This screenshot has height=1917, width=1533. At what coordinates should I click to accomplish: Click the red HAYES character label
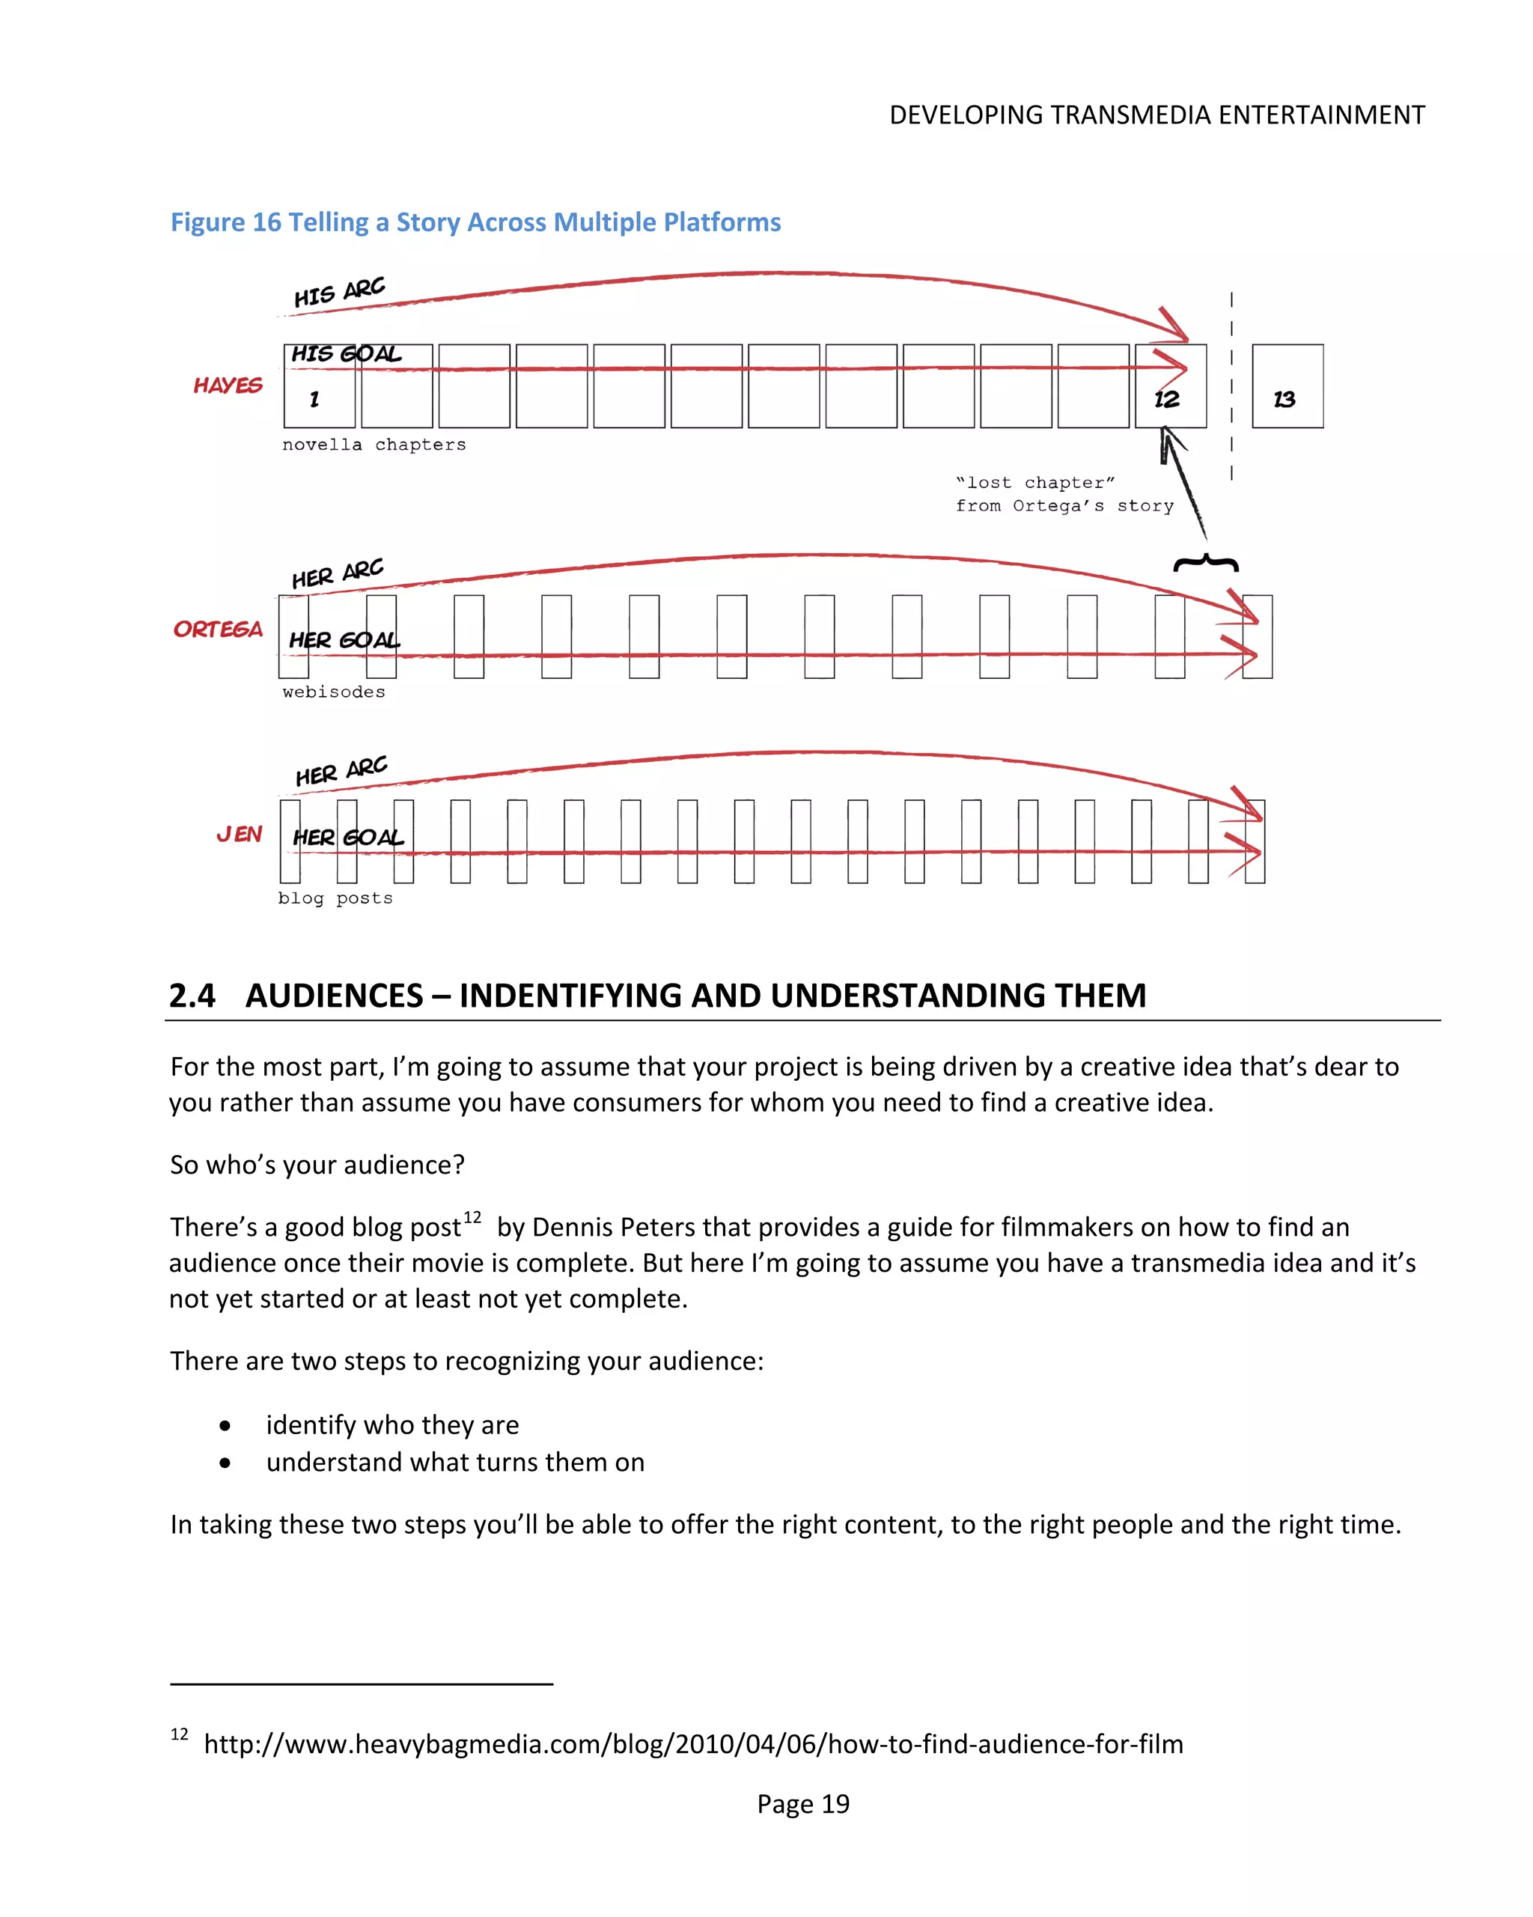click(x=228, y=385)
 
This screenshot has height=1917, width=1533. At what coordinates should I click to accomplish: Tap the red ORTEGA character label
click(x=218, y=630)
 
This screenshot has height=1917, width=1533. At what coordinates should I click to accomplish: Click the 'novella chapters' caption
click(x=374, y=445)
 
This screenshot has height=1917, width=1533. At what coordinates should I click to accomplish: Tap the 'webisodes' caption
click(x=333, y=692)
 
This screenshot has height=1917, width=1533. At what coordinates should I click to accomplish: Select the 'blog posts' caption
click(x=335, y=898)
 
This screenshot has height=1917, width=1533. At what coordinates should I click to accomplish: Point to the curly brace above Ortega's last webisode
click(x=1206, y=563)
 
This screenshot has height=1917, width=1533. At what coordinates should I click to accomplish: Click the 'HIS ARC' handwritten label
click(x=339, y=292)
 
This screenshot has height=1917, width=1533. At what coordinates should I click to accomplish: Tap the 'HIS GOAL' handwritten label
click(x=346, y=354)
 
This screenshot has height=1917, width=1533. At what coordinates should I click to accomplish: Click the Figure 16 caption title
click(x=475, y=222)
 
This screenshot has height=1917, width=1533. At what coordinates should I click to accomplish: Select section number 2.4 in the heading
click(x=192, y=996)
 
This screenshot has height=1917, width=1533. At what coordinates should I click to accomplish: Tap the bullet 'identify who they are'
click(x=391, y=1424)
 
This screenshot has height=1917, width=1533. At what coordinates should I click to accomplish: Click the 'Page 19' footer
click(x=802, y=1803)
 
